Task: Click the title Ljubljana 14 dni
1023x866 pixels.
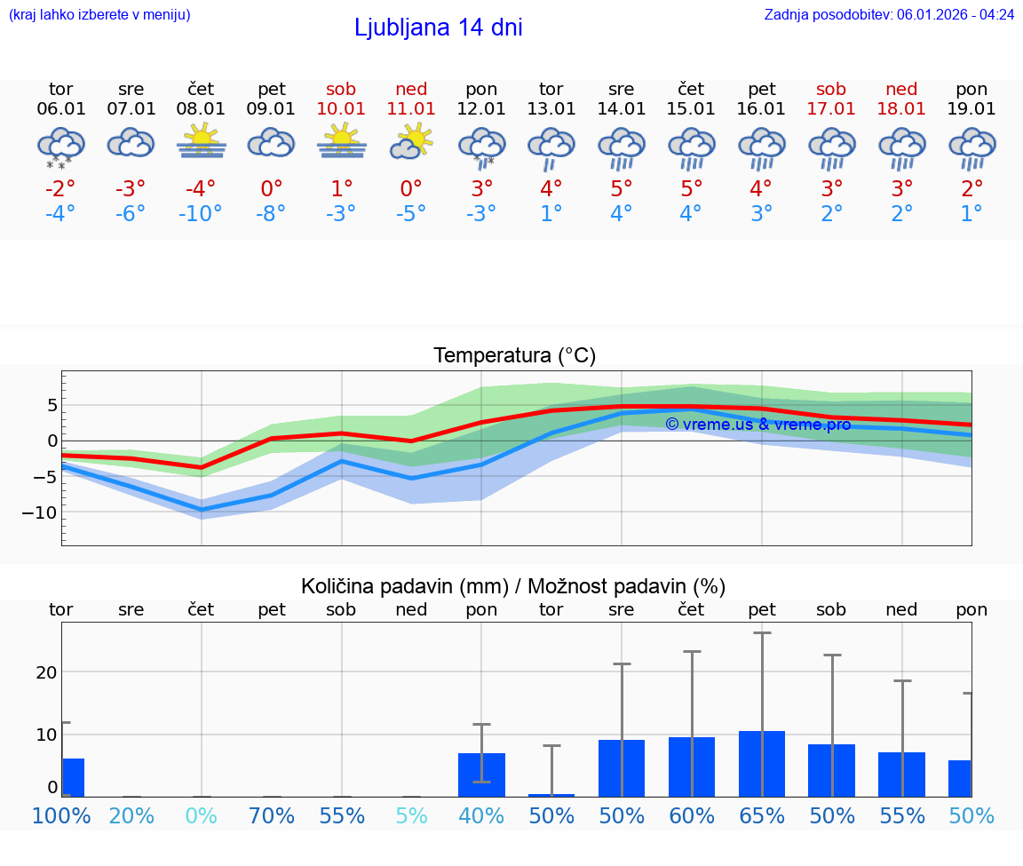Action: pyautogui.click(x=438, y=28)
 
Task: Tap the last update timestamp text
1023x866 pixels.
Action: pyautogui.click(x=889, y=14)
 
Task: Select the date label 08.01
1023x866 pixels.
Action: pyautogui.click(x=201, y=109)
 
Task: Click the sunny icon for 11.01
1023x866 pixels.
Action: pyautogui.click(x=411, y=141)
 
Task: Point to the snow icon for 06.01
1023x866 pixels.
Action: pyautogui.click(x=60, y=147)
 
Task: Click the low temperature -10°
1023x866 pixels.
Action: pyautogui.click(x=201, y=214)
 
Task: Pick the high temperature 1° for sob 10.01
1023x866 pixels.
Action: pyautogui.click(x=341, y=188)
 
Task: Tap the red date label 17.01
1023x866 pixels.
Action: pyautogui.click(x=831, y=109)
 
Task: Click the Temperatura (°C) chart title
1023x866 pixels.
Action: pyautogui.click(x=514, y=356)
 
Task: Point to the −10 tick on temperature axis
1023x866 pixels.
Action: pyautogui.click(x=40, y=513)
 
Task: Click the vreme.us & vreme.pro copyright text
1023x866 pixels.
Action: pyautogui.click(x=757, y=425)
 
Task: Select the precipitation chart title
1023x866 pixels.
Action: pyautogui.click(x=513, y=586)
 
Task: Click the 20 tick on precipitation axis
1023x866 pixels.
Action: pyautogui.click(x=46, y=672)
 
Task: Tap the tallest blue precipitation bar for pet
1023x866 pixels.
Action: pyautogui.click(x=762, y=763)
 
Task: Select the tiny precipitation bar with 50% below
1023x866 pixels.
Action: pyautogui.click(x=551, y=795)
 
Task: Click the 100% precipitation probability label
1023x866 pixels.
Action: pyautogui.click(x=61, y=815)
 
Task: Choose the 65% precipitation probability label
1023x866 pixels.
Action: pyautogui.click(x=762, y=815)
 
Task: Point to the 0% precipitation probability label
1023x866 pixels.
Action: pyautogui.click(x=201, y=815)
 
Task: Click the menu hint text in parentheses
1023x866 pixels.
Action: pyautogui.click(x=99, y=14)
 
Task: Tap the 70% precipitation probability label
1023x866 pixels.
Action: pyautogui.click(x=271, y=815)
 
